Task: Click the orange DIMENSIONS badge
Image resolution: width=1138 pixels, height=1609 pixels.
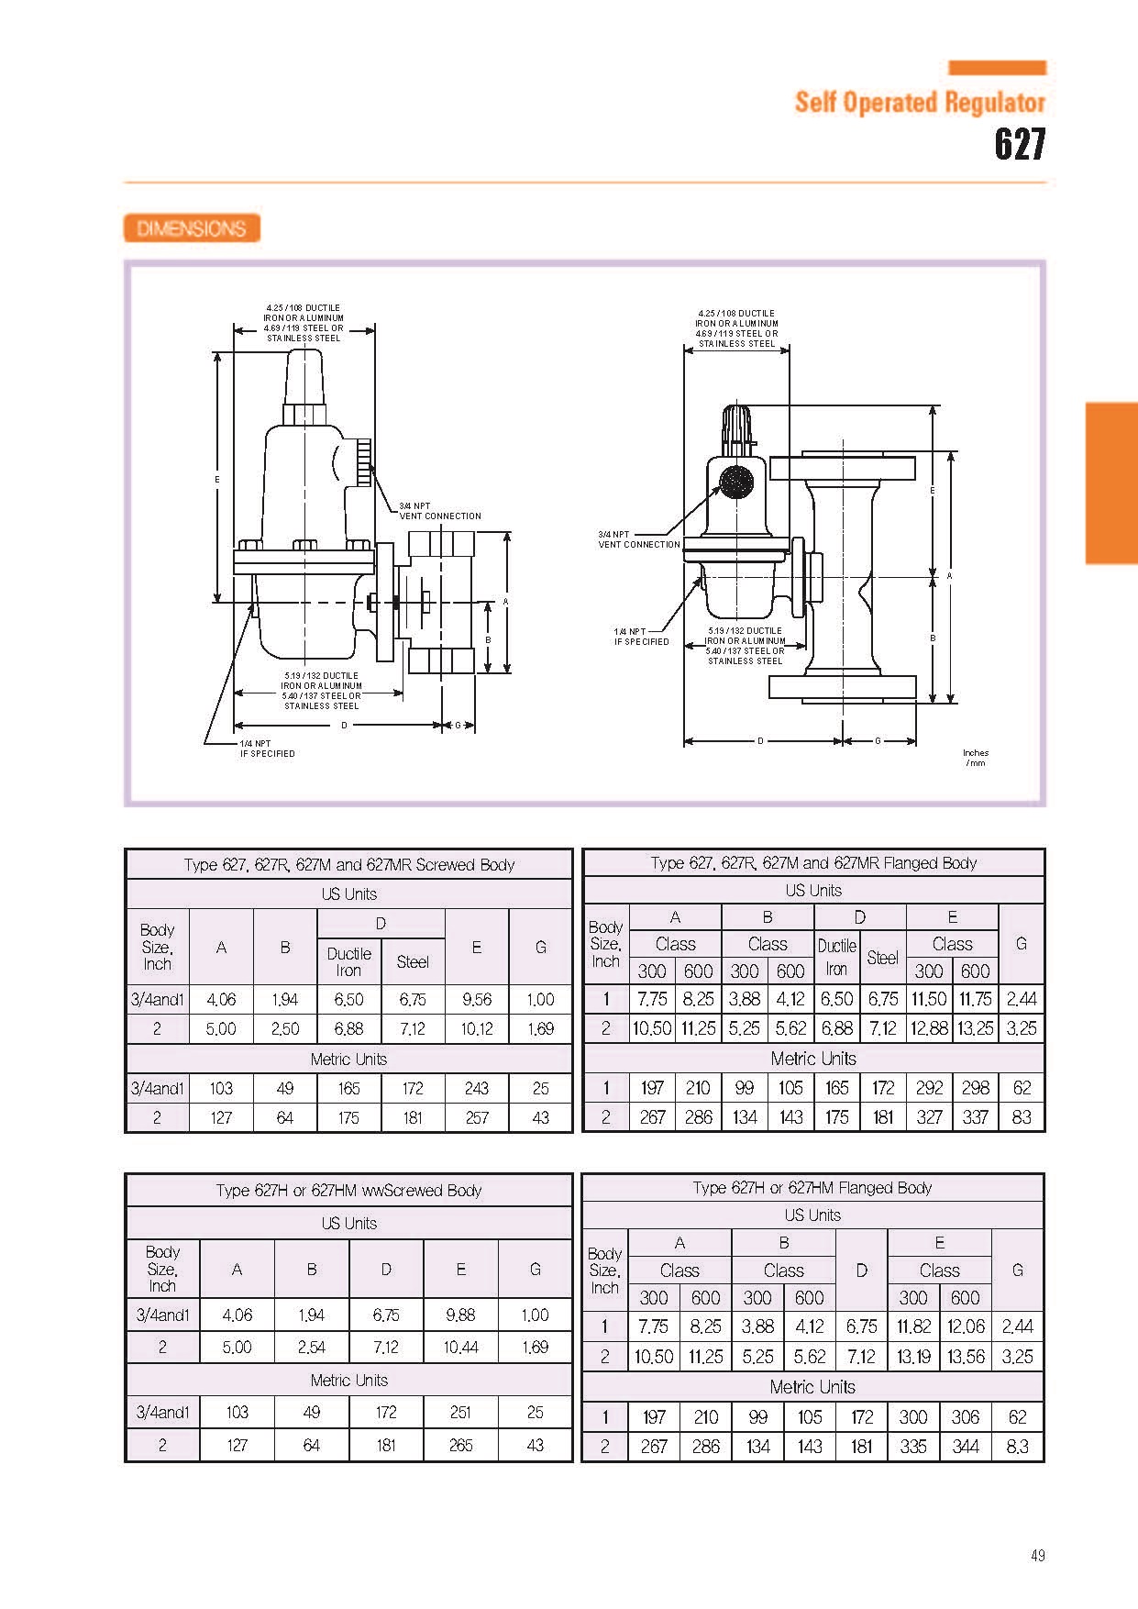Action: tap(192, 228)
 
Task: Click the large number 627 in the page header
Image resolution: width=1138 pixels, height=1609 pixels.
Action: tap(1020, 145)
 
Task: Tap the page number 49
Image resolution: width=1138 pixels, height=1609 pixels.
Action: tap(1037, 1555)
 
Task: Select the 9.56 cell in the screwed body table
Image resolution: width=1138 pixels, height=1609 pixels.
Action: tap(477, 1000)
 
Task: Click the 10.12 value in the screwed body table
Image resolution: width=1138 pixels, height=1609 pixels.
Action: tap(477, 1029)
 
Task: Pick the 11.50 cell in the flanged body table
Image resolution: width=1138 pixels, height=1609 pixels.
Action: tap(929, 999)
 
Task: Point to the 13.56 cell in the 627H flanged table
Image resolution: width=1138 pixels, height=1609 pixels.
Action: tap(966, 1356)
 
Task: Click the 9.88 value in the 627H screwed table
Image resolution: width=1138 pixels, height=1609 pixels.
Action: tap(460, 1315)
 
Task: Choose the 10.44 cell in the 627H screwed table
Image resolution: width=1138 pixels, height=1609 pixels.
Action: tap(460, 1348)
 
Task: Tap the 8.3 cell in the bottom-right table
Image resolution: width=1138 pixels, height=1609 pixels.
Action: tap(1018, 1447)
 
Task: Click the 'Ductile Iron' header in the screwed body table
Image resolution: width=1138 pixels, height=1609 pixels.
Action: tap(348, 961)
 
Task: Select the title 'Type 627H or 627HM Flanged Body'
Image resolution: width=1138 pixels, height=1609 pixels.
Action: tap(812, 1188)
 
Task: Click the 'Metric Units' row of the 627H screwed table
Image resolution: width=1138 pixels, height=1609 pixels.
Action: tap(349, 1381)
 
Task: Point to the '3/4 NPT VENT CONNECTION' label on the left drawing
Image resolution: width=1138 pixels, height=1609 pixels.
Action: tap(440, 511)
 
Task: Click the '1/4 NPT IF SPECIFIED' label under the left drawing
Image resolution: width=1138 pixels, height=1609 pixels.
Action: tap(268, 749)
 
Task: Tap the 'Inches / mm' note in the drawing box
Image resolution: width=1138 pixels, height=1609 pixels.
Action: tap(976, 758)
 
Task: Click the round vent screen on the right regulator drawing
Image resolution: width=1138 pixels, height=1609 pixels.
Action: tap(735, 482)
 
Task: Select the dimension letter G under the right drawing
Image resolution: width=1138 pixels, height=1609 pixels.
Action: tap(878, 740)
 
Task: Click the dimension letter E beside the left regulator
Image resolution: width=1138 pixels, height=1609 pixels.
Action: tap(217, 479)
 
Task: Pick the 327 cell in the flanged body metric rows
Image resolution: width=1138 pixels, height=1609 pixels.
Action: tap(929, 1117)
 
